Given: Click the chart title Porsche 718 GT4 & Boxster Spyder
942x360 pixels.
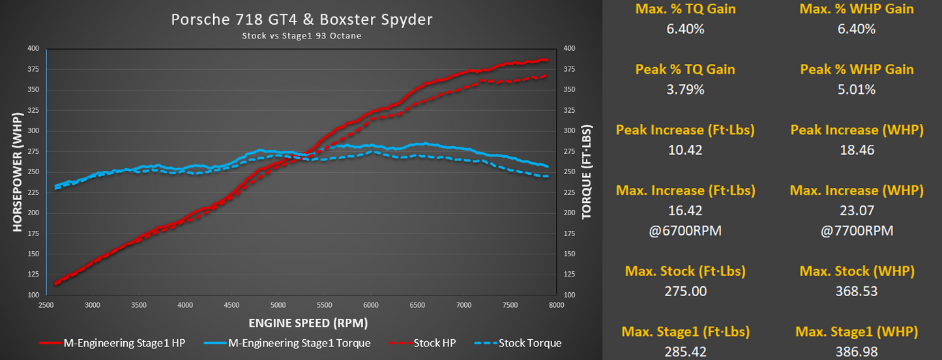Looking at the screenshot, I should tap(302, 20).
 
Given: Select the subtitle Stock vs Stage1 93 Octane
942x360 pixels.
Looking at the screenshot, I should tap(302, 36).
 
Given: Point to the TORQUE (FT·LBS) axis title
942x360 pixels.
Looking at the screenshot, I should tap(587, 172).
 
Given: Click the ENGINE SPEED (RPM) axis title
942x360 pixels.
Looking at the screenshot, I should tap(307, 323).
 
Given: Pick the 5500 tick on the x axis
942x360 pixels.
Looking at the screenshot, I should tap(325, 305).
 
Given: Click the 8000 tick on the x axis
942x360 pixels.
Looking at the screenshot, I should tap(556, 305).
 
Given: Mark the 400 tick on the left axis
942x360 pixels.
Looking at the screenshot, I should tap(33, 48).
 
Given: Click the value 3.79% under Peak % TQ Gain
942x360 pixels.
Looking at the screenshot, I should tap(685, 89).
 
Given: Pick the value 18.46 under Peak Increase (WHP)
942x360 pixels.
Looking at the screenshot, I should tap(857, 150).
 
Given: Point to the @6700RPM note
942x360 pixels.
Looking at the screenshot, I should tap(685, 230).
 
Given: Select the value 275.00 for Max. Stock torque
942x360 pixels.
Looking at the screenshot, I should tap(685, 291).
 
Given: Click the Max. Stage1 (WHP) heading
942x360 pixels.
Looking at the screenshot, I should tap(857, 332).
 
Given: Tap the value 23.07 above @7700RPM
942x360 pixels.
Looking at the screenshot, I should tap(857, 211).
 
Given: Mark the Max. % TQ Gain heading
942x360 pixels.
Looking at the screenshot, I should tap(685, 9).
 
